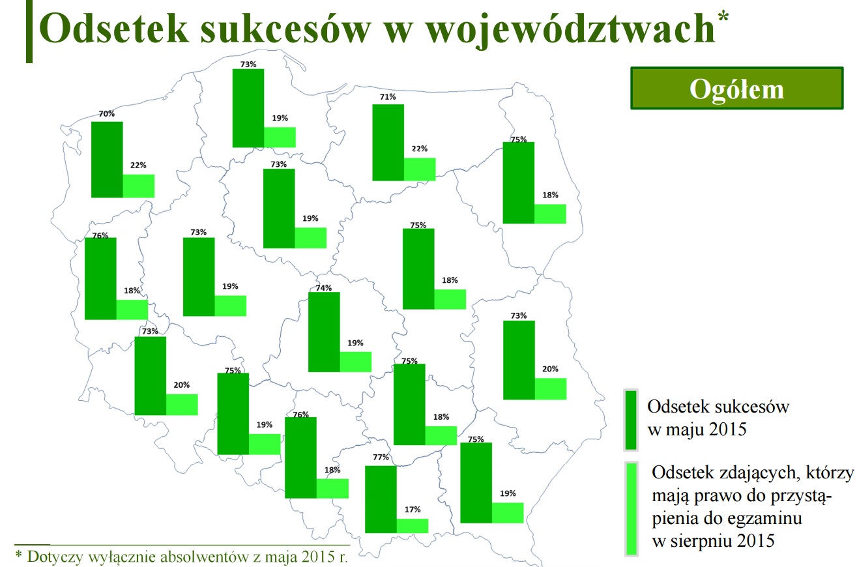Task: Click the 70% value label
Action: click(106, 113)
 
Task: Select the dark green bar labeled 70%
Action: click(107, 160)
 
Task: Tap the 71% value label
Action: click(388, 97)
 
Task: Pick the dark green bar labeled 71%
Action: click(388, 142)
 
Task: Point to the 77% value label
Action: click(381, 458)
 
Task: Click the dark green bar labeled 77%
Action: click(381, 499)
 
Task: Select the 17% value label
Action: click(413, 509)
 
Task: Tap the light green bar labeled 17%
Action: click(413, 526)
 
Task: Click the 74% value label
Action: click(324, 287)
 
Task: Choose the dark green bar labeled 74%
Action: click(324, 332)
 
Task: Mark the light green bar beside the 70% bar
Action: click(139, 186)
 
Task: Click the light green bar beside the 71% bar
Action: click(420, 169)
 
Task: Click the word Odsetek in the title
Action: click(114, 29)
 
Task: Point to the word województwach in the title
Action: click(571, 30)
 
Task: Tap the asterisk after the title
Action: click(723, 17)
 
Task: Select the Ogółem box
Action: click(737, 89)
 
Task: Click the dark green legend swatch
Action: click(631, 420)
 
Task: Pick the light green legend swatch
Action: click(632, 508)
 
